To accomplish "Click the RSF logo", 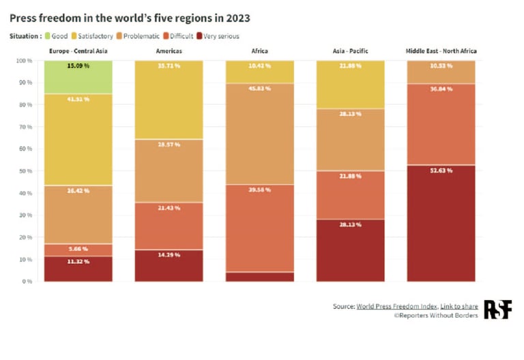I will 497,309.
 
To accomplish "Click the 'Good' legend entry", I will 58,36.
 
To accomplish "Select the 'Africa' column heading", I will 259,51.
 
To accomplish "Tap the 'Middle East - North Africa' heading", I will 441,51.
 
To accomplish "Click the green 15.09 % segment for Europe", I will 78,76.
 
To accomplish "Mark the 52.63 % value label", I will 441,170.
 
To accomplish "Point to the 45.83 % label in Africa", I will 260,89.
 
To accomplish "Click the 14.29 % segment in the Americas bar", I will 169,265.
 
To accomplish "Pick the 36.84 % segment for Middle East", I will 441,124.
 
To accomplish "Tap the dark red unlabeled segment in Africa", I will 260,276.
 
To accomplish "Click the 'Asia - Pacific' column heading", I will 351,51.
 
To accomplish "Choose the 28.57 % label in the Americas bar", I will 169,145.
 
